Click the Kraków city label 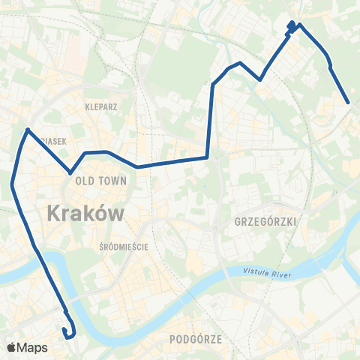click(x=85, y=214)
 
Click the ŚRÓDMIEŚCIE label click(x=124, y=246)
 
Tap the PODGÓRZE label click(x=196, y=339)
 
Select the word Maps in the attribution click(x=34, y=347)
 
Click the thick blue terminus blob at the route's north click(x=291, y=28)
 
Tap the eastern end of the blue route click(x=349, y=103)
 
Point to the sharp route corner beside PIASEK click(x=28, y=130)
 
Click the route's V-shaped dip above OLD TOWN click(x=71, y=172)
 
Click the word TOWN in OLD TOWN click(x=117, y=181)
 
